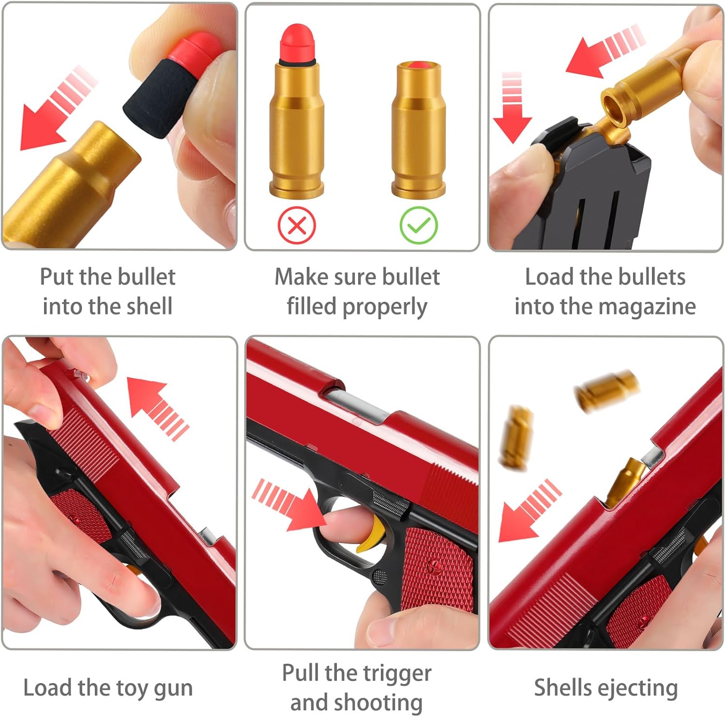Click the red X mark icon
(x=297, y=225)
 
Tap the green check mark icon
(x=419, y=225)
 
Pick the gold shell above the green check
(x=418, y=130)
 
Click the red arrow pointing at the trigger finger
(x=288, y=505)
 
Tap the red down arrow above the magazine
(x=513, y=108)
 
